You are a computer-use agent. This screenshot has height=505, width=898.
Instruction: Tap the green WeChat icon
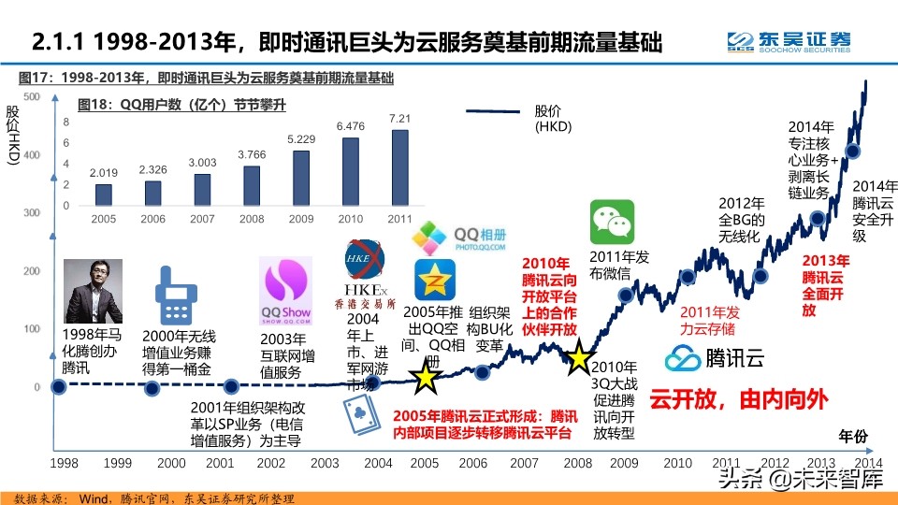click(612, 223)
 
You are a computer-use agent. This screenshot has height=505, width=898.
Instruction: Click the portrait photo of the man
click(94, 291)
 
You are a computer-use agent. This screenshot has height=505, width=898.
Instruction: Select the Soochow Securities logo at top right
click(790, 41)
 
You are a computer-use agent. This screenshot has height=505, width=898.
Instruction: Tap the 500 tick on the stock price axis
click(31, 97)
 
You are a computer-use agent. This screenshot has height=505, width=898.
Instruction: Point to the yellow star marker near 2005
click(426, 378)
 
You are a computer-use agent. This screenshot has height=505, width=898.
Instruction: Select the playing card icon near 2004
click(356, 416)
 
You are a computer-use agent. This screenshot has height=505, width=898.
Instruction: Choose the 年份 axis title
click(850, 436)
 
